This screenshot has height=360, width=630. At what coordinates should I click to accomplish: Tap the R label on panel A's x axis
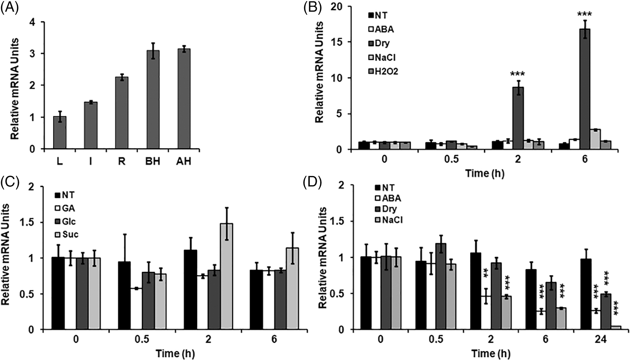click(122, 162)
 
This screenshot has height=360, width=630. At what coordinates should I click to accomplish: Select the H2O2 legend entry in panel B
click(384, 71)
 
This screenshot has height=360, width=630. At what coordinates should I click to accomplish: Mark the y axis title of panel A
click(15, 89)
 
